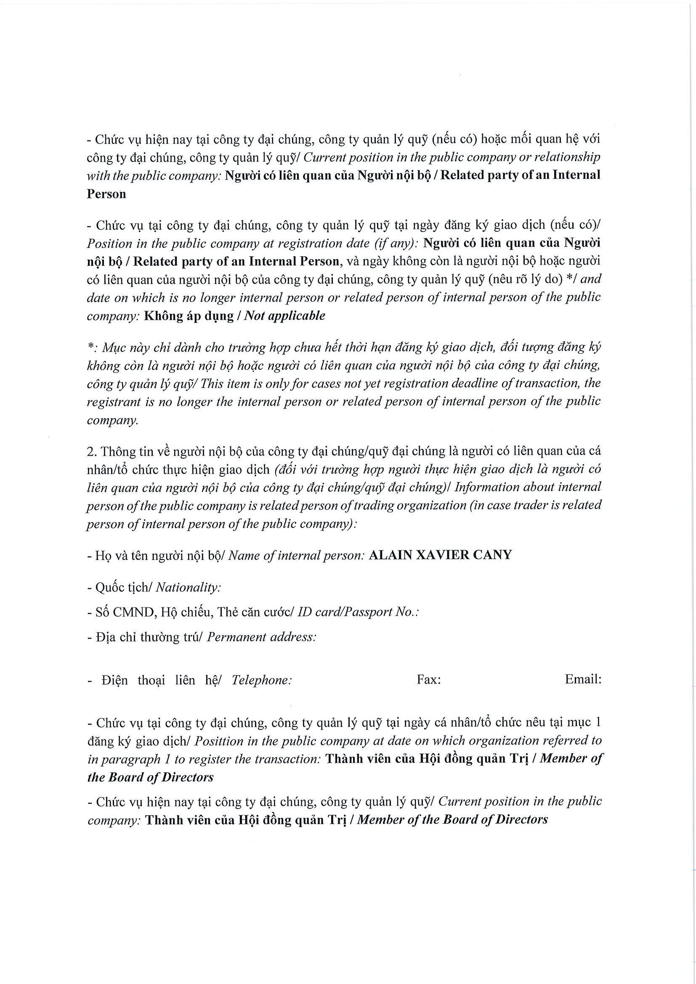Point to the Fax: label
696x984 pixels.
click(428, 680)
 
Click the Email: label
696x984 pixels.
click(583, 679)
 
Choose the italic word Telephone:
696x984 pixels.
click(261, 680)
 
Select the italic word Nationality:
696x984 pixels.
click(188, 587)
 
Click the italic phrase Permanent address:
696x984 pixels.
click(261, 637)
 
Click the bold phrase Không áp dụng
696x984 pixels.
click(189, 316)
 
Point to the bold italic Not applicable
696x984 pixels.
click(284, 316)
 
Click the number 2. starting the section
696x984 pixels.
click(93, 451)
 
